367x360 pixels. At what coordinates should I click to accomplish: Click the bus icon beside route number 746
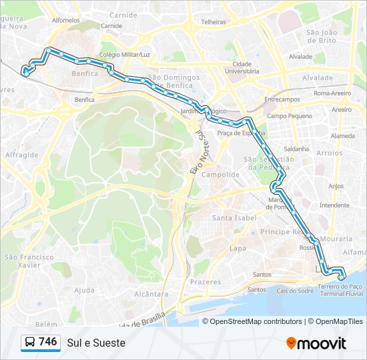pos(29,342)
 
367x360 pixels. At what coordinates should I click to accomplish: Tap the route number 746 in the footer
pos(48,342)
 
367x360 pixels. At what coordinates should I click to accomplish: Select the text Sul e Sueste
pos(95,343)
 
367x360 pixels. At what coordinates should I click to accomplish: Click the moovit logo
pos(316,343)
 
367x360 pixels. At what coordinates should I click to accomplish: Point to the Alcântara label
pos(150,293)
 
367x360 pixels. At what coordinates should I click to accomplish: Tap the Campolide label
pos(220,175)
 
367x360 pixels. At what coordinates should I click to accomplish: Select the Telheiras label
pos(214,21)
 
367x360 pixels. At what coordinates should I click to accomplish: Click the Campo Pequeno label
pos(286,116)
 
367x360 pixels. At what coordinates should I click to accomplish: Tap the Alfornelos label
pos(65,21)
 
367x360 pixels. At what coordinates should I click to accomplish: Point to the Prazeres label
pos(205,282)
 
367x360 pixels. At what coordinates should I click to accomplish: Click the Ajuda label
pos(84,290)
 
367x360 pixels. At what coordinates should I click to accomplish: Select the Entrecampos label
pos(281,99)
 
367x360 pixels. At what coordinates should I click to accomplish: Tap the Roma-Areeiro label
pos(332,94)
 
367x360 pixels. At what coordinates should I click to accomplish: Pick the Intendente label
pos(334,205)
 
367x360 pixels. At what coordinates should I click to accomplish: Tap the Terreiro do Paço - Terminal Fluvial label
pos(340,289)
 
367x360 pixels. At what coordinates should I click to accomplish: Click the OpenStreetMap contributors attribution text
pos(256,321)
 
